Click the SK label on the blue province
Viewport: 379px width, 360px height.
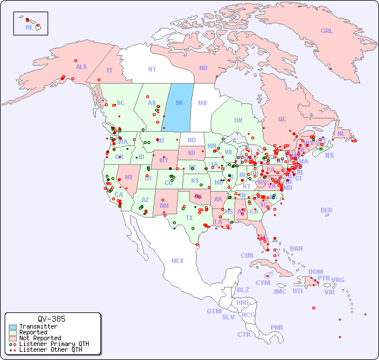point(179,103)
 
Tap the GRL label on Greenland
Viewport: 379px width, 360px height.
point(327,31)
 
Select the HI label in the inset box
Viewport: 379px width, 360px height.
point(28,27)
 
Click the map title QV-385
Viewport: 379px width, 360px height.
point(52,319)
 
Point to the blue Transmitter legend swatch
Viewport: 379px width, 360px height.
point(13,327)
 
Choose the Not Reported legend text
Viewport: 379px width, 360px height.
point(40,338)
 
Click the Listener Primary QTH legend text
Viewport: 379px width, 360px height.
point(54,344)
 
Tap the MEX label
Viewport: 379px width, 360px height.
point(178,261)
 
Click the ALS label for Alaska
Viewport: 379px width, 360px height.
point(81,67)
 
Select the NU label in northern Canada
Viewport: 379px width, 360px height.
point(203,68)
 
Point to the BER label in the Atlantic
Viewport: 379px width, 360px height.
point(326,210)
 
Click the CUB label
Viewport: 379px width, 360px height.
point(247,255)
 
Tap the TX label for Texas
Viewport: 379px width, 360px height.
point(189,218)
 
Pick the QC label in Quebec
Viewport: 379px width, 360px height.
point(282,119)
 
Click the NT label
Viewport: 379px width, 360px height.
point(151,69)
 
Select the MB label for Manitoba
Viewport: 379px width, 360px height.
point(202,103)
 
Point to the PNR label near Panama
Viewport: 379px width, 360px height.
point(277,327)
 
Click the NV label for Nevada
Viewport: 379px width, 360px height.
point(128,177)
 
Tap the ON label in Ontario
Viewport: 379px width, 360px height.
point(238,120)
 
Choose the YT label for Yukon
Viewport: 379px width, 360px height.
point(109,70)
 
